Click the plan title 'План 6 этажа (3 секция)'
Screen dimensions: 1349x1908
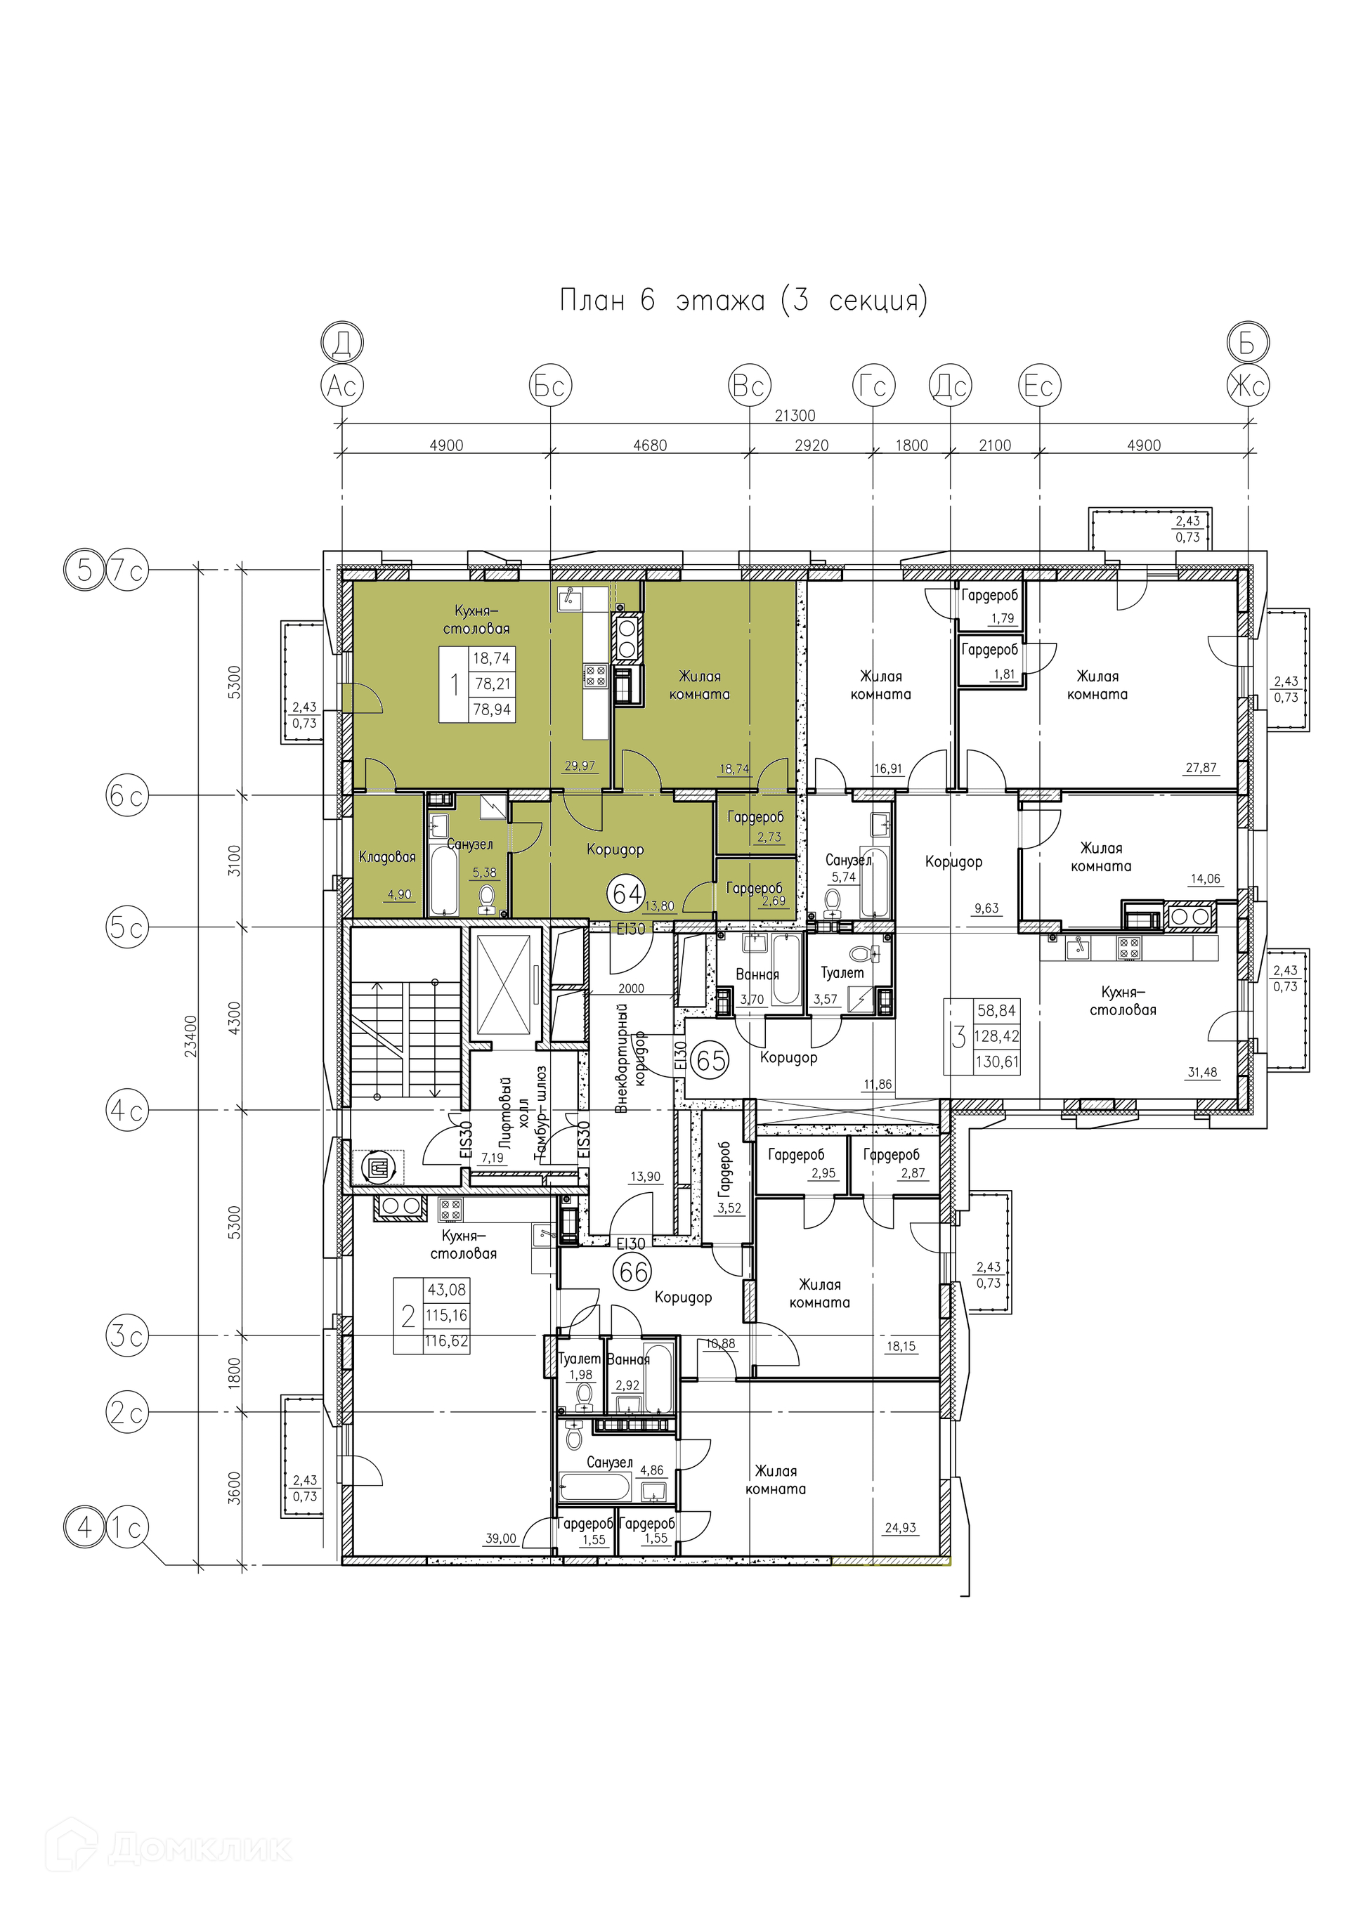click(x=743, y=300)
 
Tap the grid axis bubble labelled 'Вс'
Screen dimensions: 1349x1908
click(x=750, y=386)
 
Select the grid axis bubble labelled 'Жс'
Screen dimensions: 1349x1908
click(x=1249, y=386)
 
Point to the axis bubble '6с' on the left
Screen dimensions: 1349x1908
click(x=127, y=795)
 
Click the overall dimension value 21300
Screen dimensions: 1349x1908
click(x=795, y=415)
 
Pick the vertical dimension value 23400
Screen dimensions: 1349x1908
click(x=191, y=1036)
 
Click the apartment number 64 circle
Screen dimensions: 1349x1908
click(x=627, y=894)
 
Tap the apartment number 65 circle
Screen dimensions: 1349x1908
click(x=712, y=1060)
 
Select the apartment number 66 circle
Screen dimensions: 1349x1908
click(x=632, y=1272)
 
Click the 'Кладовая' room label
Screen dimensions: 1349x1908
click(x=387, y=857)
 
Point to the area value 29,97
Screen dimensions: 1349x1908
click(x=580, y=765)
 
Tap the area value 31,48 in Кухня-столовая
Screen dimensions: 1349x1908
click(x=1202, y=1072)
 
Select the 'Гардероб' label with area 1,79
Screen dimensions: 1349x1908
click(x=989, y=595)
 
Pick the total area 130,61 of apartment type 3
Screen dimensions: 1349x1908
click(x=996, y=1061)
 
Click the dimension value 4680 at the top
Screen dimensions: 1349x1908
click(x=650, y=445)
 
